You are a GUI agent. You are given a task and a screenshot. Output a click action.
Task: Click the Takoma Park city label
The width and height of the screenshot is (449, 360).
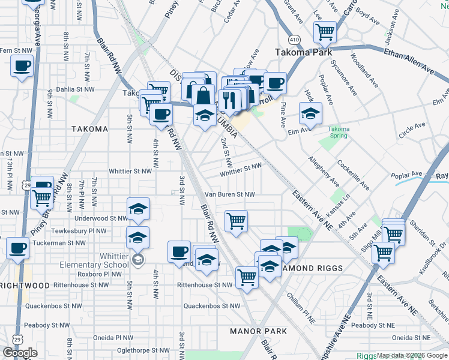pos(304,52)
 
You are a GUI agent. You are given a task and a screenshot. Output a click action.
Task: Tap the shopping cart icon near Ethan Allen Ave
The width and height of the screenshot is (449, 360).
pos(325,31)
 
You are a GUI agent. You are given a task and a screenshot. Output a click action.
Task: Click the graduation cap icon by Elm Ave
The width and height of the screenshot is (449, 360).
pos(310,113)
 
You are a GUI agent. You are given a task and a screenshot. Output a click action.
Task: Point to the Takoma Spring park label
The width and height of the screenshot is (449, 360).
pos(339,132)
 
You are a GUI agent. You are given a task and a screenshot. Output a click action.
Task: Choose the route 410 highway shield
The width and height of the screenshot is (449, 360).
pos(294,39)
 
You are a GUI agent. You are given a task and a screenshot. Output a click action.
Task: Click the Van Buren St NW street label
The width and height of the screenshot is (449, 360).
pos(230,194)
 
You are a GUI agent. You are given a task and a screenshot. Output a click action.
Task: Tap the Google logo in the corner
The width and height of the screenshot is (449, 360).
pos(20,353)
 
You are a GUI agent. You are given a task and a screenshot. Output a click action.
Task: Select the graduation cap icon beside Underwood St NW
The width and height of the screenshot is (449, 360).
pos(138,209)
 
